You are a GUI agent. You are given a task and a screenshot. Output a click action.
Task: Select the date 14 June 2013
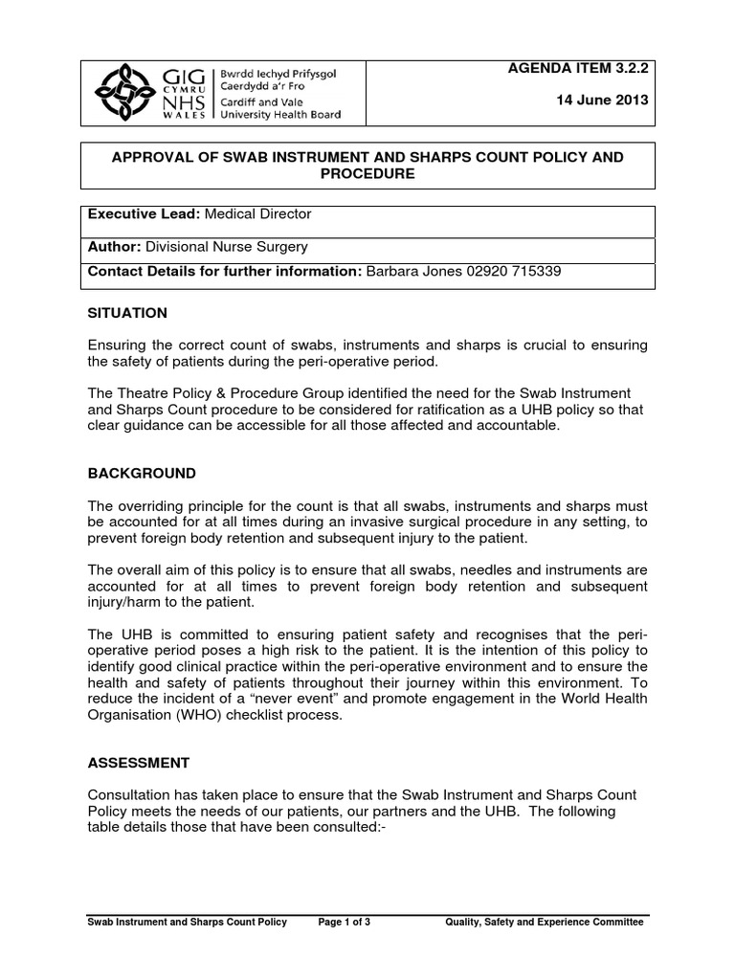(x=602, y=100)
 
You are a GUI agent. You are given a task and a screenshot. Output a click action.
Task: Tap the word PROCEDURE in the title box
(x=367, y=173)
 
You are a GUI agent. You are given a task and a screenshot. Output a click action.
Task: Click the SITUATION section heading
(x=127, y=313)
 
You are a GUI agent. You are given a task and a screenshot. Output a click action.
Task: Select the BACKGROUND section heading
(x=142, y=474)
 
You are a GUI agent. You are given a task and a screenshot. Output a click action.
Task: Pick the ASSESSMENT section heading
(x=139, y=763)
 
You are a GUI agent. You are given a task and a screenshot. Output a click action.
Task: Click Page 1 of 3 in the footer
(x=350, y=922)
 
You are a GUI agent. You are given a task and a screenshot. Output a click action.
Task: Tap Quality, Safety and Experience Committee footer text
(x=545, y=922)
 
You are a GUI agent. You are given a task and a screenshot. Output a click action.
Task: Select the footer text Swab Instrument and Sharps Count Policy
(x=187, y=922)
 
